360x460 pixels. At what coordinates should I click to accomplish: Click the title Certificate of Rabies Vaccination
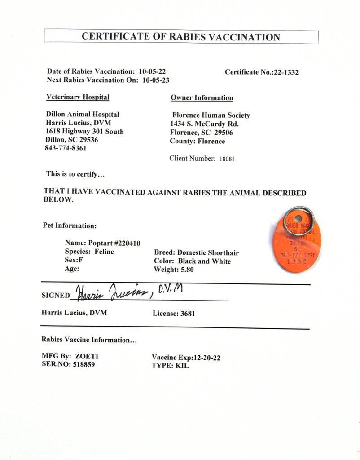[x=181, y=37]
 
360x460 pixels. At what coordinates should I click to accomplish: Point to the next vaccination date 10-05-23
[x=156, y=80]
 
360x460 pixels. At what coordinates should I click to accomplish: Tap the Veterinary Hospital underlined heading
[x=78, y=97]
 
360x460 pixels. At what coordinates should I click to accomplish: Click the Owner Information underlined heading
[x=202, y=98]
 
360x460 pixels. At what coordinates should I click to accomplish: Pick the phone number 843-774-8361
[x=66, y=148]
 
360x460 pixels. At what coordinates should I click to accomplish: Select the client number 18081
[x=227, y=159]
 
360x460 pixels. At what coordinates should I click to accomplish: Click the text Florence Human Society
[x=211, y=115]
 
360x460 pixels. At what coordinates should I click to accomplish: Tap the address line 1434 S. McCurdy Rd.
[x=204, y=124]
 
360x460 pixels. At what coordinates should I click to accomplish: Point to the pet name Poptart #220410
[x=114, y=243]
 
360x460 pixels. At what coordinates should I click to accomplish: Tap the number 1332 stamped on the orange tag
[x=296, y=261]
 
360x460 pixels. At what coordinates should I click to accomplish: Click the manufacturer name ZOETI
[x=87, y=356]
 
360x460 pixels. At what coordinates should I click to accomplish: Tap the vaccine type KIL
[x=182, y=366]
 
